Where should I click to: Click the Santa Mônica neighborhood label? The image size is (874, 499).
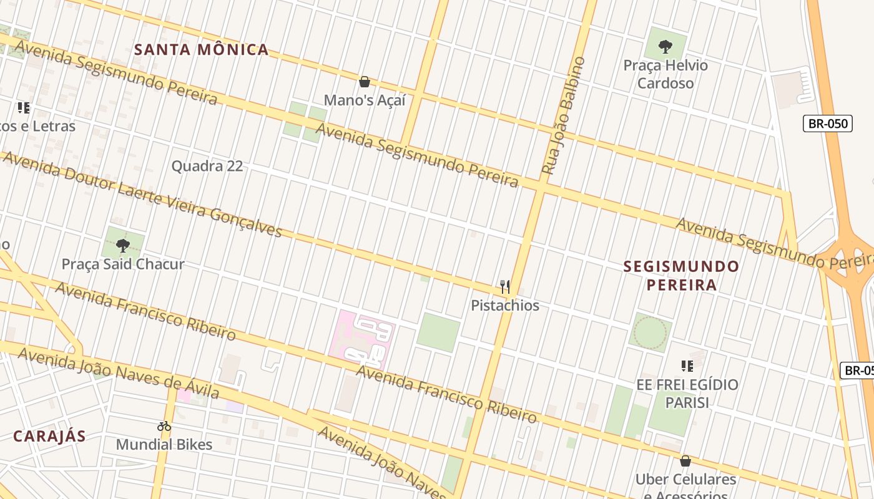[201, 50]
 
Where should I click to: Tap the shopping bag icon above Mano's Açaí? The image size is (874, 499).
[365, 82]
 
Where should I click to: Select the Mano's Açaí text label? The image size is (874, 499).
[365, 100]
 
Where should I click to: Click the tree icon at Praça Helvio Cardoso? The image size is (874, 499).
[665, 46]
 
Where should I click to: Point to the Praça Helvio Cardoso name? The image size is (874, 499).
[665, 74]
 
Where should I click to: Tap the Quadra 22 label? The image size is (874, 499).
[207, 167]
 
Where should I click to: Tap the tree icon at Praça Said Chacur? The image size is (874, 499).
[123, 245]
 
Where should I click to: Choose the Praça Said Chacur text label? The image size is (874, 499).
[123, 264]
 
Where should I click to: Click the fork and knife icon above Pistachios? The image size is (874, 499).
[505, 287]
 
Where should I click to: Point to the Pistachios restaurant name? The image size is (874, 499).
[505, 306]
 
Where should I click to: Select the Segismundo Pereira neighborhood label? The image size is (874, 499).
[682, 276]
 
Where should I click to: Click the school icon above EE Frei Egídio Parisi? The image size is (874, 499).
[687, 366]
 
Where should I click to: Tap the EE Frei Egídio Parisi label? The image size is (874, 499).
[687, 394]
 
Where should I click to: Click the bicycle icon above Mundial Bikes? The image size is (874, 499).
[164, 427]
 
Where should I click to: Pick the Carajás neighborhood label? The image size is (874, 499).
[49, 437]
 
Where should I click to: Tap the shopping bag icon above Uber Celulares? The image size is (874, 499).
[685, 461]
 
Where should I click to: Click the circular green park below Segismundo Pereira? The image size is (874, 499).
[650, 333]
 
